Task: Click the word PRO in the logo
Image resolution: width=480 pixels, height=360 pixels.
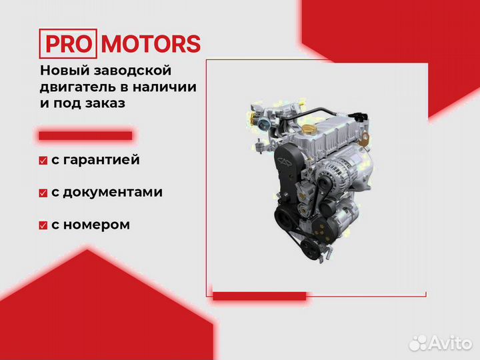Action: [x=68, y=44]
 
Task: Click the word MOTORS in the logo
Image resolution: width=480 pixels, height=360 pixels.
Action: [x=151, y=44]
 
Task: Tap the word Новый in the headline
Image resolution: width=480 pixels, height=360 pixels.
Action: [x=65, y=71]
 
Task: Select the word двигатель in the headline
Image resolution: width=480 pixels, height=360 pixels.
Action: [x=78, y=87]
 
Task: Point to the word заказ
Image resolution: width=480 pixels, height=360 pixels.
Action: [x=105, y=103]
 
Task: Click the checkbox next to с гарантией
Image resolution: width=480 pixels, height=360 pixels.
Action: [x=43, y=161]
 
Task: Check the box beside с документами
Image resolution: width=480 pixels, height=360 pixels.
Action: [x=43, y=193]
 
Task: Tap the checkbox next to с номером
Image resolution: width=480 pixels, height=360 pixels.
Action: [x=43, y=225]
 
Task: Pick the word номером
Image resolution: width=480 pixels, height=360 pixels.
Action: [x=96, y=225]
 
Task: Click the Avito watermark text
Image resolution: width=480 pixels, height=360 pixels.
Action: [x=450, y=343]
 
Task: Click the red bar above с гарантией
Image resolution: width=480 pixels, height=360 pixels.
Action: [x=85, y=136]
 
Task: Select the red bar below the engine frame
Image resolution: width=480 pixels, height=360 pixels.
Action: [x=259, y=296]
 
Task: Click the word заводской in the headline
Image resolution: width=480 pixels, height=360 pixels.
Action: [x=132, y=71]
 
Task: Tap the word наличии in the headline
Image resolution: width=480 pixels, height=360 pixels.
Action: [x=165, y=87]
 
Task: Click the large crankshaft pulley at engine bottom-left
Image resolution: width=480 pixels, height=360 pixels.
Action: [x=285, y=217]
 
